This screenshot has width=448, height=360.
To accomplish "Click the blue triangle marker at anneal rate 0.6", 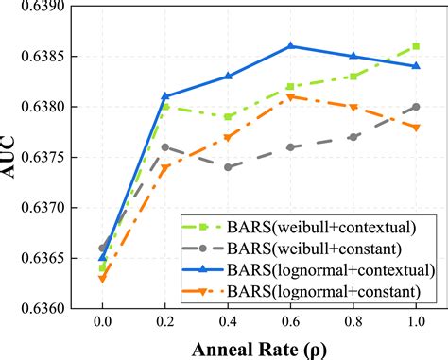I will click(x=290, y=45).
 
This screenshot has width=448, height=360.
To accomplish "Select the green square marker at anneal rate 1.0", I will click(x=416, y=45).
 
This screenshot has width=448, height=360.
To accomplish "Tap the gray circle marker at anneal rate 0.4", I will click(x=228, y=166).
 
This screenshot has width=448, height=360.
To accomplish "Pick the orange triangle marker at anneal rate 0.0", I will click(x=102, y=279).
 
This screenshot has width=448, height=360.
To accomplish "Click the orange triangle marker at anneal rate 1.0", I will click(x=416, y=127).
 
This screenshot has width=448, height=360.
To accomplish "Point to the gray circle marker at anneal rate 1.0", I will click(x=416, y=106).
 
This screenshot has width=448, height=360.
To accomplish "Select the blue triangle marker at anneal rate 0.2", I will click(x=165, y=95).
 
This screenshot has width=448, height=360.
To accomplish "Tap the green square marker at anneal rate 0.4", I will click(x=228, y=116).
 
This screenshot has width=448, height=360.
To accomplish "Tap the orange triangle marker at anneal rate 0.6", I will click(x=290, y=96).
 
